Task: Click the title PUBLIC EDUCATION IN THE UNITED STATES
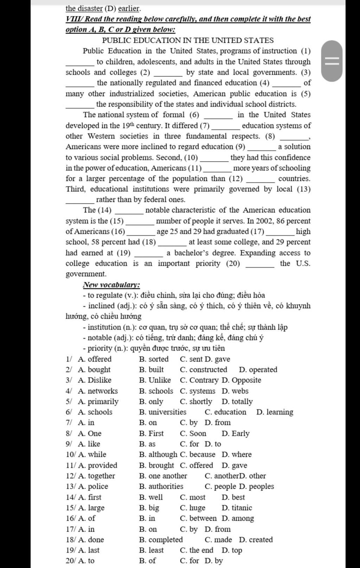[x=188, y=40]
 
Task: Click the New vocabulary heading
[x=111, y=285]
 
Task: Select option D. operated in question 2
[x=258, y=369]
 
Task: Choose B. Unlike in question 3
[x=155, y=380]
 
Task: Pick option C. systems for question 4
[x=198, y=391]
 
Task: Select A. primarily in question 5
[x=98, y=401]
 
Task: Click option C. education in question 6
[x=225, y=412]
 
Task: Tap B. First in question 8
[x=151, y=433]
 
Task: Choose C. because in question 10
[x=198, y=454]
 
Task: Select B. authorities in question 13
[x=161, y=486]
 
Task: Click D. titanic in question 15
[x=237, y=508]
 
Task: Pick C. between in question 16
[x=198, y=518]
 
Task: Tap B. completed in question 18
[x=161, y=540]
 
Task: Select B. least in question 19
[x=151, y=550]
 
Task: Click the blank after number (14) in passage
[x=129, y=211]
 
